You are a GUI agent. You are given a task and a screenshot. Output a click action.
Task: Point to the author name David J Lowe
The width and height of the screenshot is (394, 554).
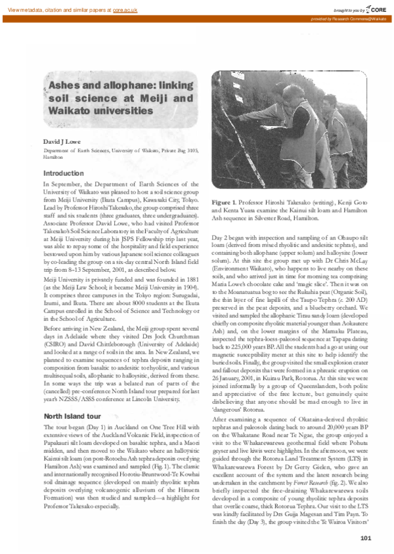pos(60,142)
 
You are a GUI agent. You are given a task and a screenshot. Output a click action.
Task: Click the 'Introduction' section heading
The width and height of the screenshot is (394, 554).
pos(64,173)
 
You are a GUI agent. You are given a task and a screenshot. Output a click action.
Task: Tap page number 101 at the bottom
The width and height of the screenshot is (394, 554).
pos(366,538)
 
